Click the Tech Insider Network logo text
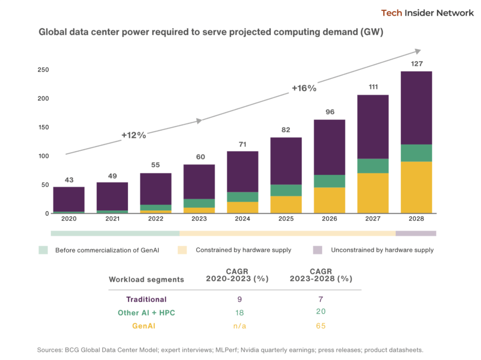(x=427, y=13)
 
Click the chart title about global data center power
(x=211, y=32)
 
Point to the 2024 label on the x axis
(x=243, y=219)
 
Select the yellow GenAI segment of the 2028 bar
(x=416, y=187)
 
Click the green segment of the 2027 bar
(x=373, y=166)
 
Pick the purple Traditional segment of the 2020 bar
(x=69, y=199)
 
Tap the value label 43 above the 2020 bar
(x=69, y=179)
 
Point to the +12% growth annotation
(x=134, y=135)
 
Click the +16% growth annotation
(x=304, y=88)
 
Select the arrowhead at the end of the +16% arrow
(x=418, y=51)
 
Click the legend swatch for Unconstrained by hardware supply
(x=318, y=250)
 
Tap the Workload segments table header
(x=146, y=279)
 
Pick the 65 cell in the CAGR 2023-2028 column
(x=321, y=326)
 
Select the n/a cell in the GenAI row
(x=239, y=326)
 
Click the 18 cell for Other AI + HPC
(x=239, y=312)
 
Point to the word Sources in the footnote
(x=51, y=350)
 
